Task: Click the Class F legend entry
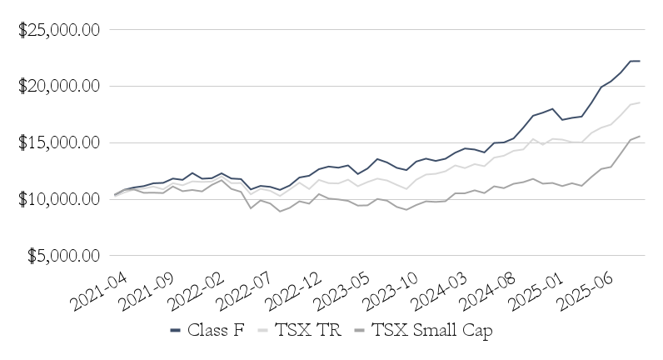click(207, 331)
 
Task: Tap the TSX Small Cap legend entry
click(421, 331)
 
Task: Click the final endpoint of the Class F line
click(639, 61)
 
